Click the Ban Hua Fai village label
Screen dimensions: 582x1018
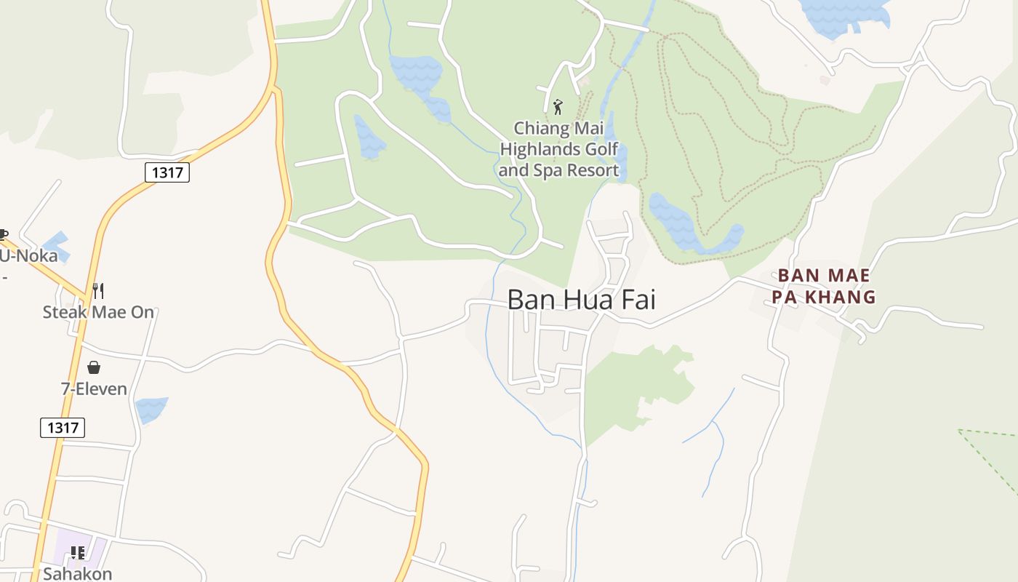click(581, 299)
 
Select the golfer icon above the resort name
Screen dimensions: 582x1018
click(558, 107)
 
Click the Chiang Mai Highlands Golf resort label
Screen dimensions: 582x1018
click(558, 150)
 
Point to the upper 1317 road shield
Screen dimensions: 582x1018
click(167, 172)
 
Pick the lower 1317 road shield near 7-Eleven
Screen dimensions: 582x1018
click(63, 428)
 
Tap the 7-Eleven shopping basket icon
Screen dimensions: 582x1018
click(94, 367)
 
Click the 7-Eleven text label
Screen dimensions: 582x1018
click(94, 389)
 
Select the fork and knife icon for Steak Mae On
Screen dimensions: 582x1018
click(98, 291)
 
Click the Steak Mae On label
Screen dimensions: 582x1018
click(98, 312)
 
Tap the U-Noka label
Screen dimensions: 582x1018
click(28, 256)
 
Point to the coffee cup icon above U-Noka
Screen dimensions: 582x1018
click(3, 235)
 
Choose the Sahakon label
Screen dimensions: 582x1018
click(77, 573)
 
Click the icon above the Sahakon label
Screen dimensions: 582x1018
click(77, 553)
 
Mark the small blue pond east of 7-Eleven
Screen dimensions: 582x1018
click(151, 410)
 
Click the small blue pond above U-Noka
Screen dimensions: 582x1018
click(56, 245)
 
